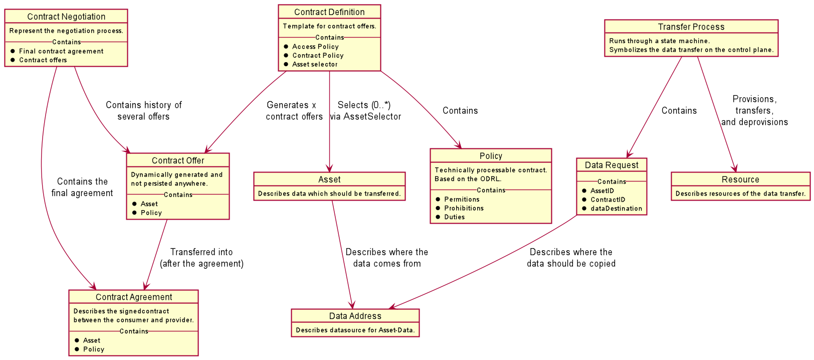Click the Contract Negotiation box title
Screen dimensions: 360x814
coord(66,17)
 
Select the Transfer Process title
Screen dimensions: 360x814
coord(691,27)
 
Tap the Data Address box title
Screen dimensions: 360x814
coord(355,316)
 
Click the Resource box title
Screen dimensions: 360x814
coord(740,179)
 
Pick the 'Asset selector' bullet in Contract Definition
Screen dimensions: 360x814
coord(315,64)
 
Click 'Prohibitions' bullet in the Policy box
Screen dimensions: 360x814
coord(464,208)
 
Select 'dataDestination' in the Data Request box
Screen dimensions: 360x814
coord(616,209)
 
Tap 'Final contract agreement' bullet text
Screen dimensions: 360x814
coord(61,51)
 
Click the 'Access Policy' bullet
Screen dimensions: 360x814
coord(315,47)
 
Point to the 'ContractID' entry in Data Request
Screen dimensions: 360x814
coord(607,200)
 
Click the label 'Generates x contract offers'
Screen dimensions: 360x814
coord(294,111)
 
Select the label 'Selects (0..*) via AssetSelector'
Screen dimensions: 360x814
coord(365,111)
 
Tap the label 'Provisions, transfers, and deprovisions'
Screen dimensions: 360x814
coord(754,111)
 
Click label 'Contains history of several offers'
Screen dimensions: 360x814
coord(143,111)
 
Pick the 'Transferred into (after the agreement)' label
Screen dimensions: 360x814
coord(201,258)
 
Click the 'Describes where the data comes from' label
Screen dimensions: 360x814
coord(386,258)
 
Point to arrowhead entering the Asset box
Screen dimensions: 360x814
coord(329,169)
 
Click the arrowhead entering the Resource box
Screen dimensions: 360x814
coord(735,168)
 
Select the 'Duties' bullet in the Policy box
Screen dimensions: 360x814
coord(454,217)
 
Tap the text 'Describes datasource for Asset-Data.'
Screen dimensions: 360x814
coord(355,330)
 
